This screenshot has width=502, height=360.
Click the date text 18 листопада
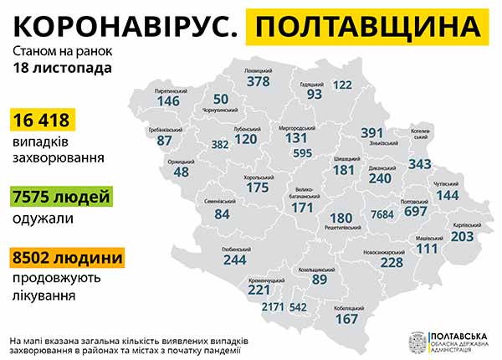pos(61,68)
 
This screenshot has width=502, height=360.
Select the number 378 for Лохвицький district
pos(259,82)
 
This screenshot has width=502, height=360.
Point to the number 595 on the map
pos(303,152)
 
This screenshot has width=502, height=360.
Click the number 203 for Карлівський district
pos(463,236)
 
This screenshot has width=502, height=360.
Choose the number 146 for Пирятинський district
pos(168,100)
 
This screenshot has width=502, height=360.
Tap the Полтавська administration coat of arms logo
pos(416,342)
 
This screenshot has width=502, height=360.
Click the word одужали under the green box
pos(42,219)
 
